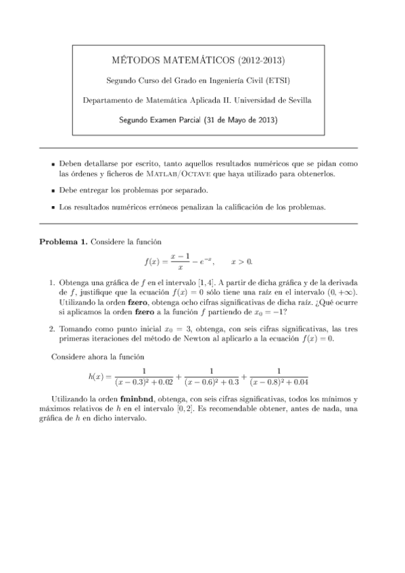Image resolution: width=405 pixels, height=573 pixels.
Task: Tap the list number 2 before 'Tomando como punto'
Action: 52,329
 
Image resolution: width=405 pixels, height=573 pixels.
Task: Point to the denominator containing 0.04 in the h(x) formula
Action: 279,382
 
